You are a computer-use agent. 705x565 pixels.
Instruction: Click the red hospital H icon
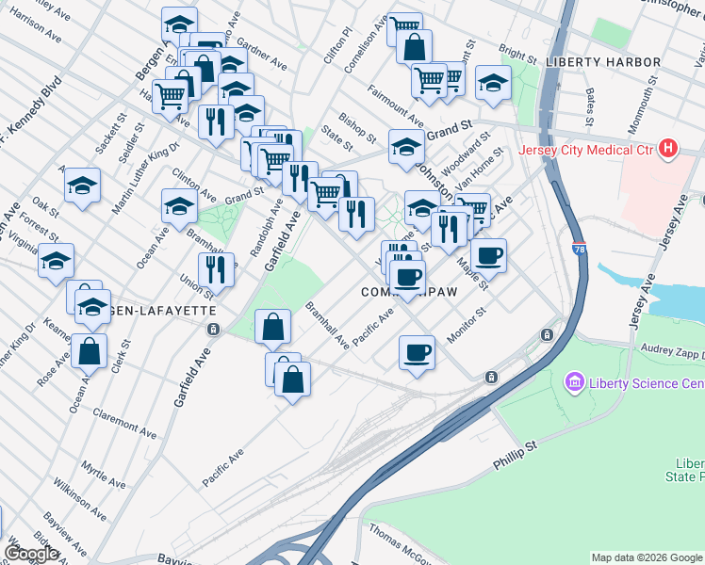[x=668, y=149]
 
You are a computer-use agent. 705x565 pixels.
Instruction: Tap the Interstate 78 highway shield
[x=578, y=250]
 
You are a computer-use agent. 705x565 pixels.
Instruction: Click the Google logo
[x=30, y=553]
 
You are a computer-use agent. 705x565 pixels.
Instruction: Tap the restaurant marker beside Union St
[x=216, y=269]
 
